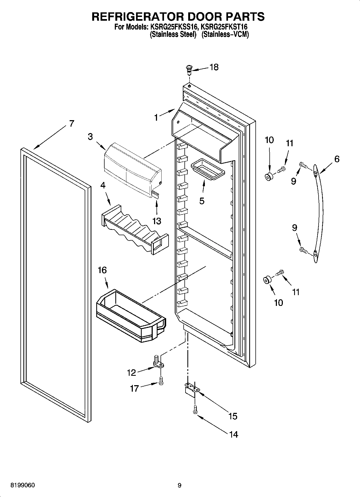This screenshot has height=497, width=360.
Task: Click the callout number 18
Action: point(214,67)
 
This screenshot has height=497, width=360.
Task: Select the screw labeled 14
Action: point(195,410)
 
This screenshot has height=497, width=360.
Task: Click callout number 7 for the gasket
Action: point(71,123)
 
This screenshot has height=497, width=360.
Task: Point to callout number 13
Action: point(157,221)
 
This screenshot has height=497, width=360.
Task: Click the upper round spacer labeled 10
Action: point(269,177)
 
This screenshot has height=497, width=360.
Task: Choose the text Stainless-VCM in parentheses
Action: point(225,34)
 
